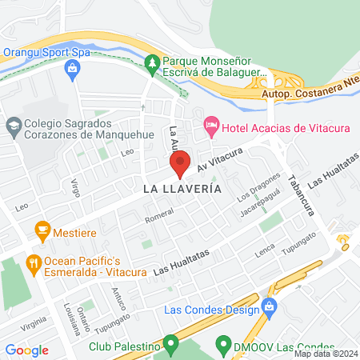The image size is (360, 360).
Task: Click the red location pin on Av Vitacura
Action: point(180,162)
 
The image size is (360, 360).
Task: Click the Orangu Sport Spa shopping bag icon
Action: point(73,70)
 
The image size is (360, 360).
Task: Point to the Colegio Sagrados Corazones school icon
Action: point(13,126)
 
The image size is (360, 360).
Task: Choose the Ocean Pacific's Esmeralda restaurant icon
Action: point(33,262)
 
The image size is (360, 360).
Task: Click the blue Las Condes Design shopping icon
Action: point(270,307)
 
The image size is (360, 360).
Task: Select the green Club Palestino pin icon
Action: point(170,346)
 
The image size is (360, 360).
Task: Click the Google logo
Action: point(26,350)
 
